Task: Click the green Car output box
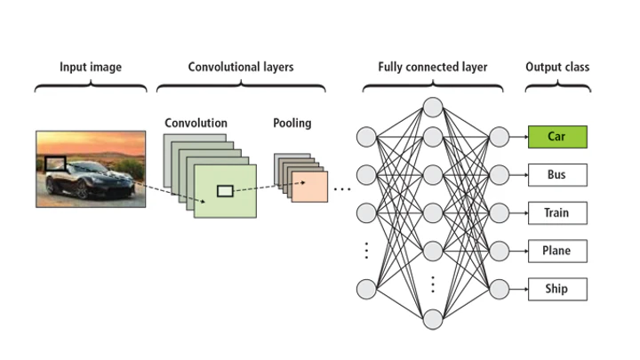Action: tap(556, 137)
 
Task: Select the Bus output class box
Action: tap(556, 175)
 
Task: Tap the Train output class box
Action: tap(556, 213)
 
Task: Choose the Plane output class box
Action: tap(556, 251)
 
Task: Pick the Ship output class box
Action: tap(556, 289)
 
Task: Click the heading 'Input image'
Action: tap(91, 67)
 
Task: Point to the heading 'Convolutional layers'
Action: tap(240, 67)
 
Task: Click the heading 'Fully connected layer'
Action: tap(432, 67)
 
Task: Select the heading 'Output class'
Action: tap(556, 67)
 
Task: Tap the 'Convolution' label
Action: tap(196, 123)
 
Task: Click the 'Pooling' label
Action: tap(292, 123)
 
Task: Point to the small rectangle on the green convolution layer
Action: tap(225, 190)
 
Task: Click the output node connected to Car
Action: tap(500, 137)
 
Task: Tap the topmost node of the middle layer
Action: tap(433, 108)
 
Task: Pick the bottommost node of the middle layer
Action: tap(433, 318)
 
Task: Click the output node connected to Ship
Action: tap(500, 289)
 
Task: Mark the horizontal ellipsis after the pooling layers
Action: tap(342, 189)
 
